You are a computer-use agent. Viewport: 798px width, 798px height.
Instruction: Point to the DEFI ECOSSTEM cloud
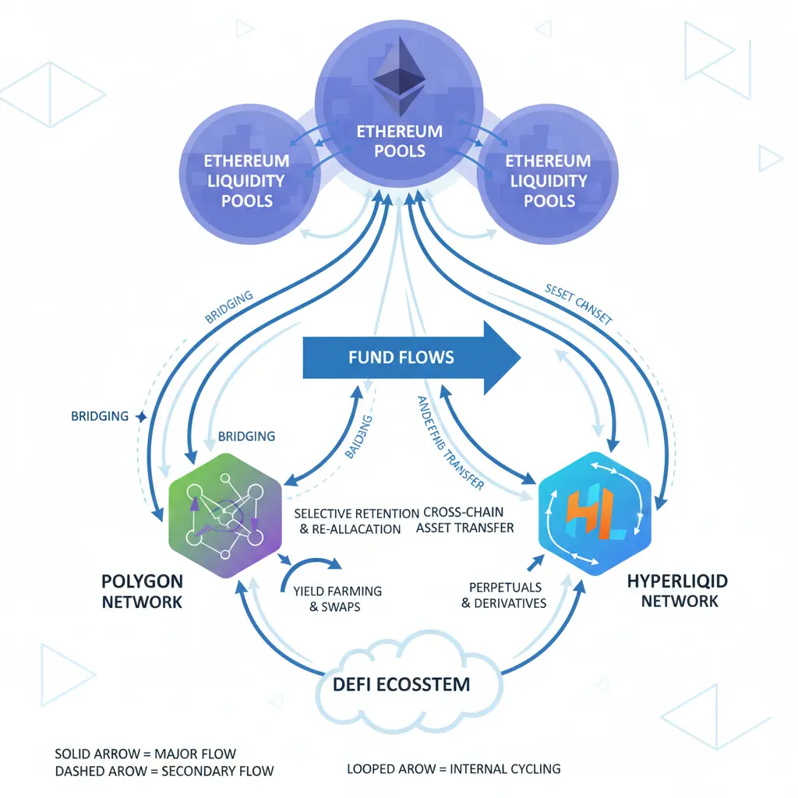point(401,684)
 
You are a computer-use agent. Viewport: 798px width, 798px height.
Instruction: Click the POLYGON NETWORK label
point(142,591)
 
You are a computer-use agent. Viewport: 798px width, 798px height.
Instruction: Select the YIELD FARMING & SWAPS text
point(337,598)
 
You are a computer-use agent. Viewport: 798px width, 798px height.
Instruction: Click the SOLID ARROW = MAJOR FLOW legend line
point(146,754)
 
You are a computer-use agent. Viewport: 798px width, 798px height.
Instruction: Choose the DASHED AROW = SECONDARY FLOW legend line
point(164,772)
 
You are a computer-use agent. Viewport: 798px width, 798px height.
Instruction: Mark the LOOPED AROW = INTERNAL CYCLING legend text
point(454,769)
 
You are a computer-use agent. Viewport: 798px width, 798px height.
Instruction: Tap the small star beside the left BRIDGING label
point(141,417)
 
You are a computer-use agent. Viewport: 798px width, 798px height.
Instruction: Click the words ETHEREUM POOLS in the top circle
point(399,140)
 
